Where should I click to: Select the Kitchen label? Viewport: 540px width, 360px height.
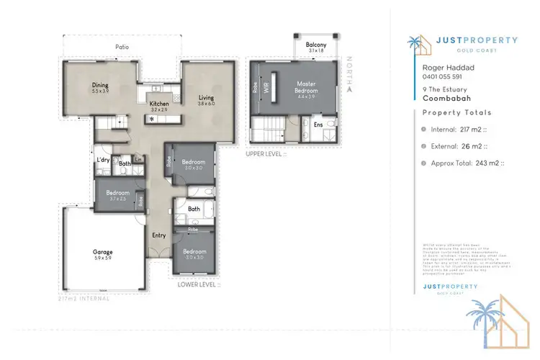(158, 104)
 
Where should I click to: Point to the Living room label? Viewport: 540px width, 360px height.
(207, 97)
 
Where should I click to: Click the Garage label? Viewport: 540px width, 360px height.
(102, 252)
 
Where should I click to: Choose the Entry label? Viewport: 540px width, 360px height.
(159, 235)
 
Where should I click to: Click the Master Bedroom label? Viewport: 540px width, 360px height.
(307, 87)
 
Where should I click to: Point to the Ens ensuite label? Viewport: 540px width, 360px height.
(318, 125)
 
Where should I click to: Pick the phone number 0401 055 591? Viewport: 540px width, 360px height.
(441, 76)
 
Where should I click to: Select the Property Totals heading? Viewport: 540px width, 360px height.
(456, 113)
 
